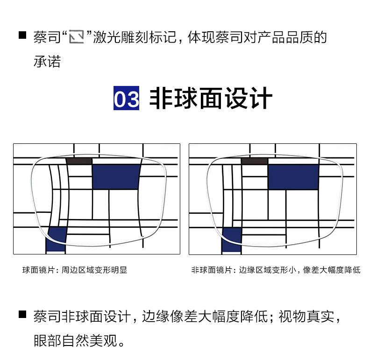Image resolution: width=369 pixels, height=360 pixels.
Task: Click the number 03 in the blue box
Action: click(x=126, y=99)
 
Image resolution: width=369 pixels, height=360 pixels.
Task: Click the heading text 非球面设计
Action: click(x=210, y=99)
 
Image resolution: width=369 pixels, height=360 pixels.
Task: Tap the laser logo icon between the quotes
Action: click(x=76, y=37)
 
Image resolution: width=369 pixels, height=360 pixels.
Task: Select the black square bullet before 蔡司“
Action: click(x=22, y=35)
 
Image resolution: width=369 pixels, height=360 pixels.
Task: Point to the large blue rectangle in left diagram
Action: click(x=116, y=176)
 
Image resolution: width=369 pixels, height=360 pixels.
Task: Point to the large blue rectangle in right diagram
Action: click(x=293, y=176)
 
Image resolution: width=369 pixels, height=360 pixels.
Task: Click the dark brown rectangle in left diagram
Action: click(x=79, y=161)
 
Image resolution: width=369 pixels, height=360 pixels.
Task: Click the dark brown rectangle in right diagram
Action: click(x=255, y=161)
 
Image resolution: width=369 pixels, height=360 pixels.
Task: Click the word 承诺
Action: click(x=47, y=62)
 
